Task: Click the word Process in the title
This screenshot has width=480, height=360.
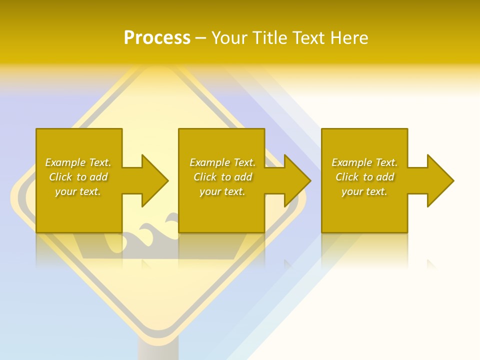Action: point(157,38)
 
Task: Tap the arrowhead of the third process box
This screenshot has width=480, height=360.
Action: point(439,180)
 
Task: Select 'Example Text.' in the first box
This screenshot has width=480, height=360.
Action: point(78,162)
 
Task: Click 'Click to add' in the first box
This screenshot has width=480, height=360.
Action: point(78,177)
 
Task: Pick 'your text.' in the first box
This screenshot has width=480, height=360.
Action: point(78,191)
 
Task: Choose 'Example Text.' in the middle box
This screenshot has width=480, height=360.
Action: point(222,162)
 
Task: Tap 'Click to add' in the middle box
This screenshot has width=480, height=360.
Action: point(222,177)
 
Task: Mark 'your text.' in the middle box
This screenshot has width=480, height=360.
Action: point(222,191)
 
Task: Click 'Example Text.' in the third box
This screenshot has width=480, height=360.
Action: point(364,162)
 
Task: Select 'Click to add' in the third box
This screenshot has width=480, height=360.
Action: point(364,177)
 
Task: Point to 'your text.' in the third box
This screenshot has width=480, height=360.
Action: point(364,191)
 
